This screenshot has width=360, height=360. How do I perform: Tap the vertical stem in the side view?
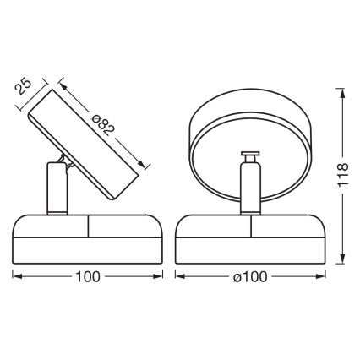pos(53,189)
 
